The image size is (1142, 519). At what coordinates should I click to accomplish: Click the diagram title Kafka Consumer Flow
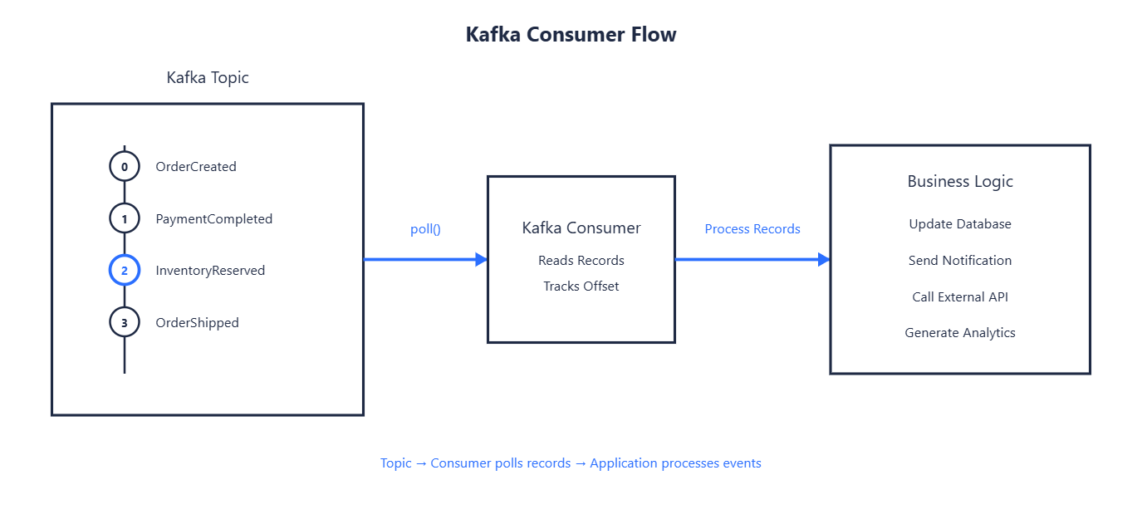pos(571,35)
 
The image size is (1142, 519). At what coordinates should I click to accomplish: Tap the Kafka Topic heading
pos(208,77)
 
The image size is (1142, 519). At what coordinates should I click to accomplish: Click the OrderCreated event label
pos(196,167)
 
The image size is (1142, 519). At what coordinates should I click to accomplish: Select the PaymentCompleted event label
pos(214,218)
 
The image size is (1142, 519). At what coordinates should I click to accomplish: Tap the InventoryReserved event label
pos(210,270)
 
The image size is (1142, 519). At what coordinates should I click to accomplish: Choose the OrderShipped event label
pos(198,323)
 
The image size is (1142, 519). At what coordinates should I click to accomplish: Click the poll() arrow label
pos(426,229)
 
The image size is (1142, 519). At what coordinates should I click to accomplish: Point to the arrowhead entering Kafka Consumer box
pos(481,259)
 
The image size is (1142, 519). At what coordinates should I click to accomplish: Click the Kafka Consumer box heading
pos(581,228)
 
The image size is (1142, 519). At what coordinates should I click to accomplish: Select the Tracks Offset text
pos(581,286)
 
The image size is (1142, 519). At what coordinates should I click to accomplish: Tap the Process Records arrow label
pos(752,229)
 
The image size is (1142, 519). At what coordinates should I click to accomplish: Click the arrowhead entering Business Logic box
pos(824,259)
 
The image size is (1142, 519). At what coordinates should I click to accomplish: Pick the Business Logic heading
pos(960,182)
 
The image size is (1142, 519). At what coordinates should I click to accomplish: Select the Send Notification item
pos(960,261)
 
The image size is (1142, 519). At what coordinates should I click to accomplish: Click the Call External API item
pos(960,296)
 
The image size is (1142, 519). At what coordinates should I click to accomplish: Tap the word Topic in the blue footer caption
pos(395,463)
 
